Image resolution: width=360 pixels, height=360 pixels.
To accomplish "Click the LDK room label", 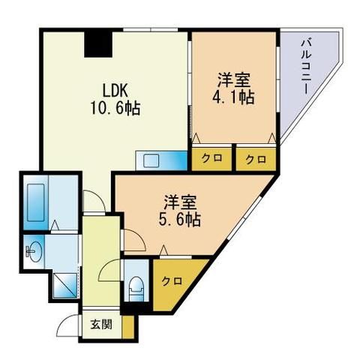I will coord(117,88).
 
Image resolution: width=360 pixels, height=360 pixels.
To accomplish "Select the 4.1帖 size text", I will coord(235,98).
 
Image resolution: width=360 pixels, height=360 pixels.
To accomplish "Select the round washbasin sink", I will coord(34,250).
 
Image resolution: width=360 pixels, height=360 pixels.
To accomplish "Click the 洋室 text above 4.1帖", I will coord(235,79).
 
